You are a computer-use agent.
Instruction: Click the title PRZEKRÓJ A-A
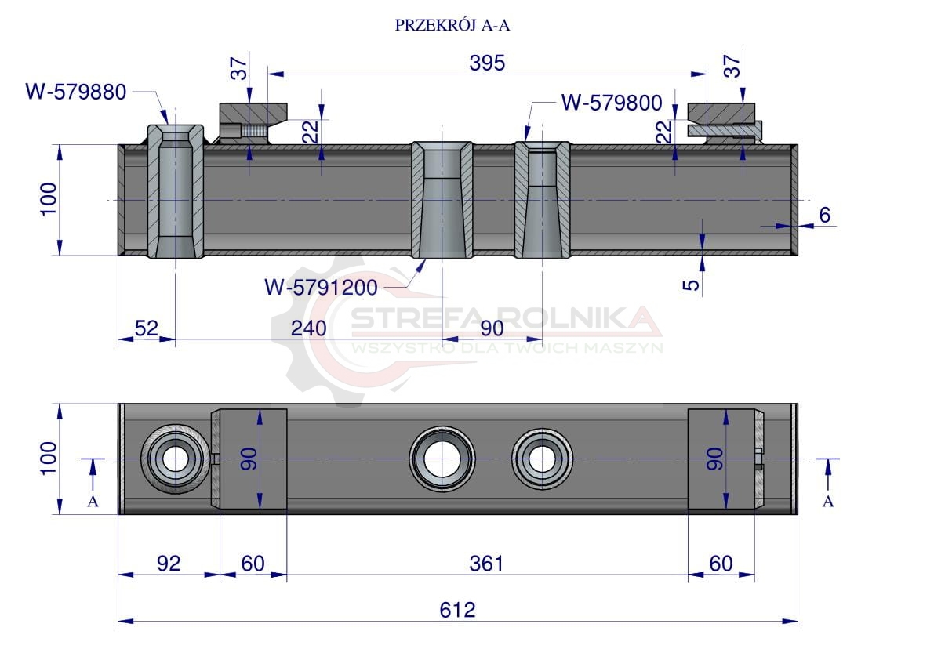click(452, 25)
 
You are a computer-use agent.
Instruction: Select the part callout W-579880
click(75, 92)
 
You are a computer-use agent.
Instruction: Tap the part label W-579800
click(612, 103)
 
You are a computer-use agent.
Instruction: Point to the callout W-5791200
click(321, 288)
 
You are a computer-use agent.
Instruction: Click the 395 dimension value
click(487, 63)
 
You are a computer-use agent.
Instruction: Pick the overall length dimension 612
click(457, 609)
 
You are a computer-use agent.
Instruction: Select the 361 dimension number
click(486, 563)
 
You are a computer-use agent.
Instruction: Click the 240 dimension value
click(308, 328)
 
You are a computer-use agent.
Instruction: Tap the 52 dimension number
click(147, 328)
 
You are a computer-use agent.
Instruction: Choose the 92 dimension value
click(169, 563)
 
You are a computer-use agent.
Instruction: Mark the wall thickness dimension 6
click(825, 215)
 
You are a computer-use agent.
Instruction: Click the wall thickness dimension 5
click(691, 285)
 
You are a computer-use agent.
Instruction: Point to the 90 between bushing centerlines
click(492, 328)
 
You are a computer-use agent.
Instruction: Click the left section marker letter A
click(93, 502)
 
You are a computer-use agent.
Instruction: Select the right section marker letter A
click(828, 502)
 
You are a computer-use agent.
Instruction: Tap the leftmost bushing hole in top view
click(175, 459)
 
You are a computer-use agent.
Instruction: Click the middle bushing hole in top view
click(442, 459)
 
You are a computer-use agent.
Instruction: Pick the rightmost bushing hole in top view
click(542, 459)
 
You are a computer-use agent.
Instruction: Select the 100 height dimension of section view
click(49, 199)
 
